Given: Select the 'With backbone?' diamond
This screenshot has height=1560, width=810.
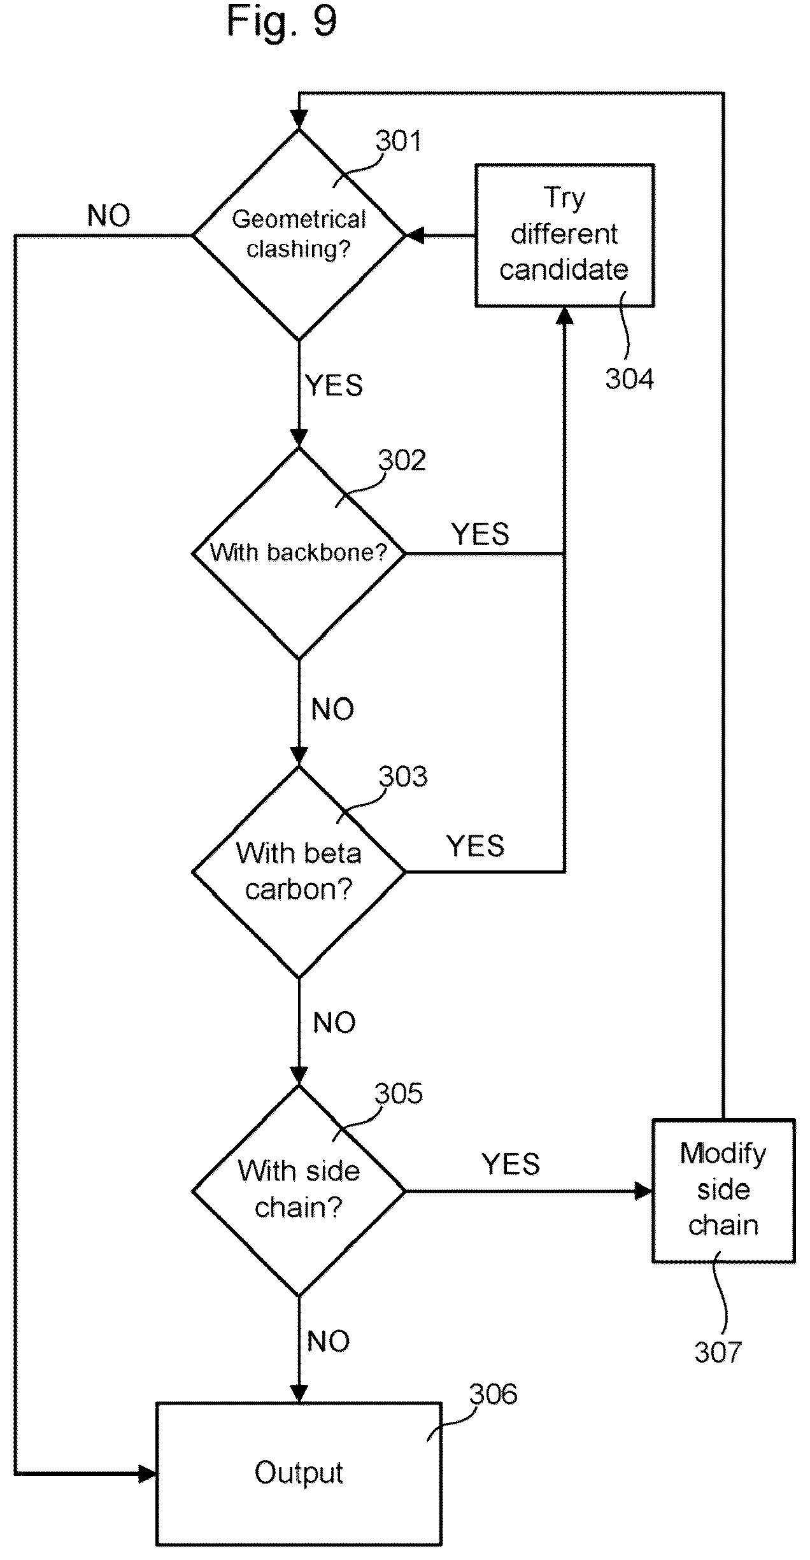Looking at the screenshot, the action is coord(299,553).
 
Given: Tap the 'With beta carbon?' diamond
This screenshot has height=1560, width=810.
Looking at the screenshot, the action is coord(299,871).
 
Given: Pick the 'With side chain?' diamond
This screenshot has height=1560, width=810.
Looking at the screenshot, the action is coord(299,1190).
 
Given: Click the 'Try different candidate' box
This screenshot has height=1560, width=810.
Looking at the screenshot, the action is coord(564,235).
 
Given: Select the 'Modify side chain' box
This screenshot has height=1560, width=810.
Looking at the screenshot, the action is coord(723,1190).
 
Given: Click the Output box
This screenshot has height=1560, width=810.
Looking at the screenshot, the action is coord(299,1473).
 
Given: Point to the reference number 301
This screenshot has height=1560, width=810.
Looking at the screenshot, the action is coord(399,140).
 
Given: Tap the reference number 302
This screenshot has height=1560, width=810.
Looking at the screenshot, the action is coord(402,460).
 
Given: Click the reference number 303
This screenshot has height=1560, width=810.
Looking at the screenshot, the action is coord(403,776).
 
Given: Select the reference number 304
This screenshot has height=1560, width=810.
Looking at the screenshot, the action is coord(629,379).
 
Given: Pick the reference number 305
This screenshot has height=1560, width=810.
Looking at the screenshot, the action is coord(399,1093).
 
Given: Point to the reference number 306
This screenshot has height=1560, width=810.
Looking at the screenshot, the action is coord(494,1394).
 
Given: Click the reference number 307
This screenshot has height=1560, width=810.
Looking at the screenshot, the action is coord(718,1352).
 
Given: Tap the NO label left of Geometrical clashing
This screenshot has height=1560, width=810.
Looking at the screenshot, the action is coord(109,216).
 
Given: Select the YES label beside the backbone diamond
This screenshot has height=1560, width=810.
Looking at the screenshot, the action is coord(480,534).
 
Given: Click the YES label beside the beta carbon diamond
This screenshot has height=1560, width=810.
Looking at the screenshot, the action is coord(475,846).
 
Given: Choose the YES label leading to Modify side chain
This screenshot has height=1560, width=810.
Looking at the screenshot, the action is coord(511,1164).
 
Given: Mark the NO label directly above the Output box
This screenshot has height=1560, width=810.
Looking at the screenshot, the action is coord(329,1341).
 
